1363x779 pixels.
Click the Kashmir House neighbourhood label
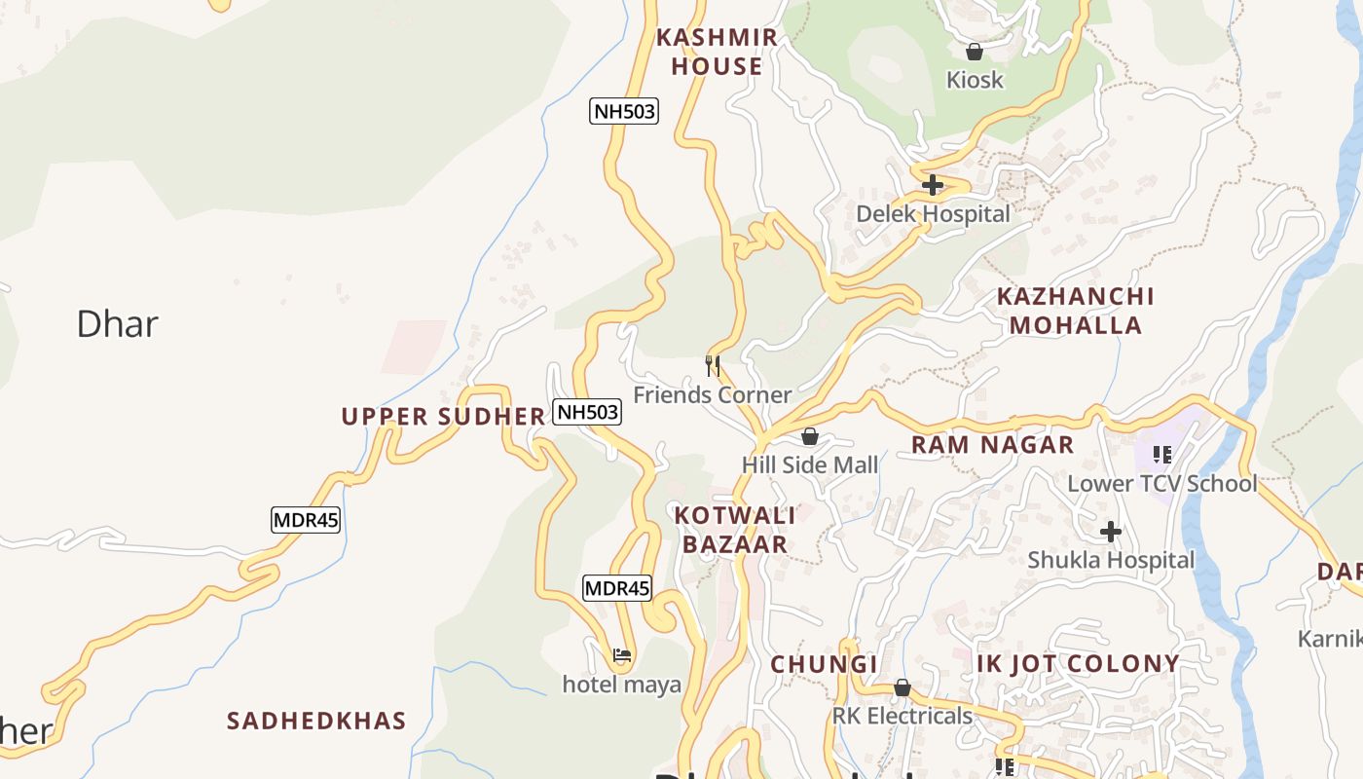pyautogui.click(x=717, y=52)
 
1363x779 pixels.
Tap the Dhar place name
pyautogui.click(x=117, y=323)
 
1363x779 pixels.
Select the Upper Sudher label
pyautogui.click(x=443, y=417)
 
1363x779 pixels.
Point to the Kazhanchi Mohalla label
pyautogui.click(x=1075, y=311)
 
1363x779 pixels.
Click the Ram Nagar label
pyautogui.click(x=992, y=445)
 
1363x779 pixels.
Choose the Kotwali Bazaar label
pyautogui.click(x=735, y=530)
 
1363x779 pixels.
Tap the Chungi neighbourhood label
pyautogui.click(x=824, y=664)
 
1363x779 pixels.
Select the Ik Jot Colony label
pyautogui.click(x=1078, y=664)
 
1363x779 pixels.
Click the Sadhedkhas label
pyautogui.click(x=316, y=721)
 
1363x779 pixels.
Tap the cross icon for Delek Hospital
pyautogui.click(x=933, y=184)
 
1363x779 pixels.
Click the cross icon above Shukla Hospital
pyautogui.click(x=1111, y=532)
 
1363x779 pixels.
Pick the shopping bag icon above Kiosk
pyautogui.click(x=974, y=52)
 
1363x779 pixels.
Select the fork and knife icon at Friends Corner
pyautogui.click(x=713, y=366)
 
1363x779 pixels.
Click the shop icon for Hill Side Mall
pyautogui.click(x=809, y=436)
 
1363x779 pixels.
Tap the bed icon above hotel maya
pyautogui.click(x=622, y=655)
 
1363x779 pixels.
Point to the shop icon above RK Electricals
pyautogui.click(x=902, y=687)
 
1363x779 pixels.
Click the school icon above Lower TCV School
pyautogui.click(x=1161, y=454)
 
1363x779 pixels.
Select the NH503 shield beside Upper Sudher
pyautogui.click(x=587, y=412)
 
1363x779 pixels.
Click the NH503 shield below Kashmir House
pyautogui.click(x=624, y=111)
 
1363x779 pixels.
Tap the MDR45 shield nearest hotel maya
pyautogui.click(x=616, y=588)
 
